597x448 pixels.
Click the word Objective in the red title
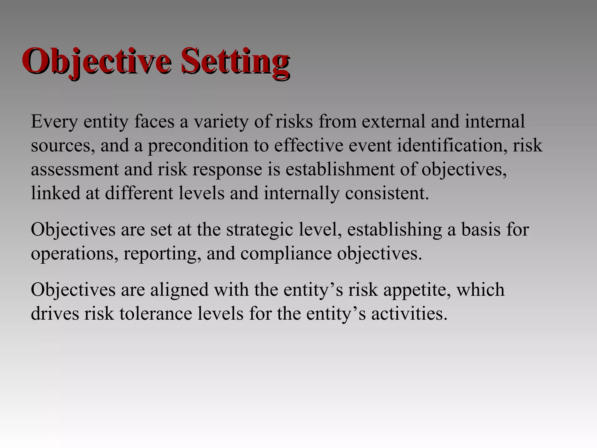click(x=96, y=61)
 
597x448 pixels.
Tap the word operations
click(x=75, y=253)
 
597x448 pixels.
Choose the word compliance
click(x=286, y=253)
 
